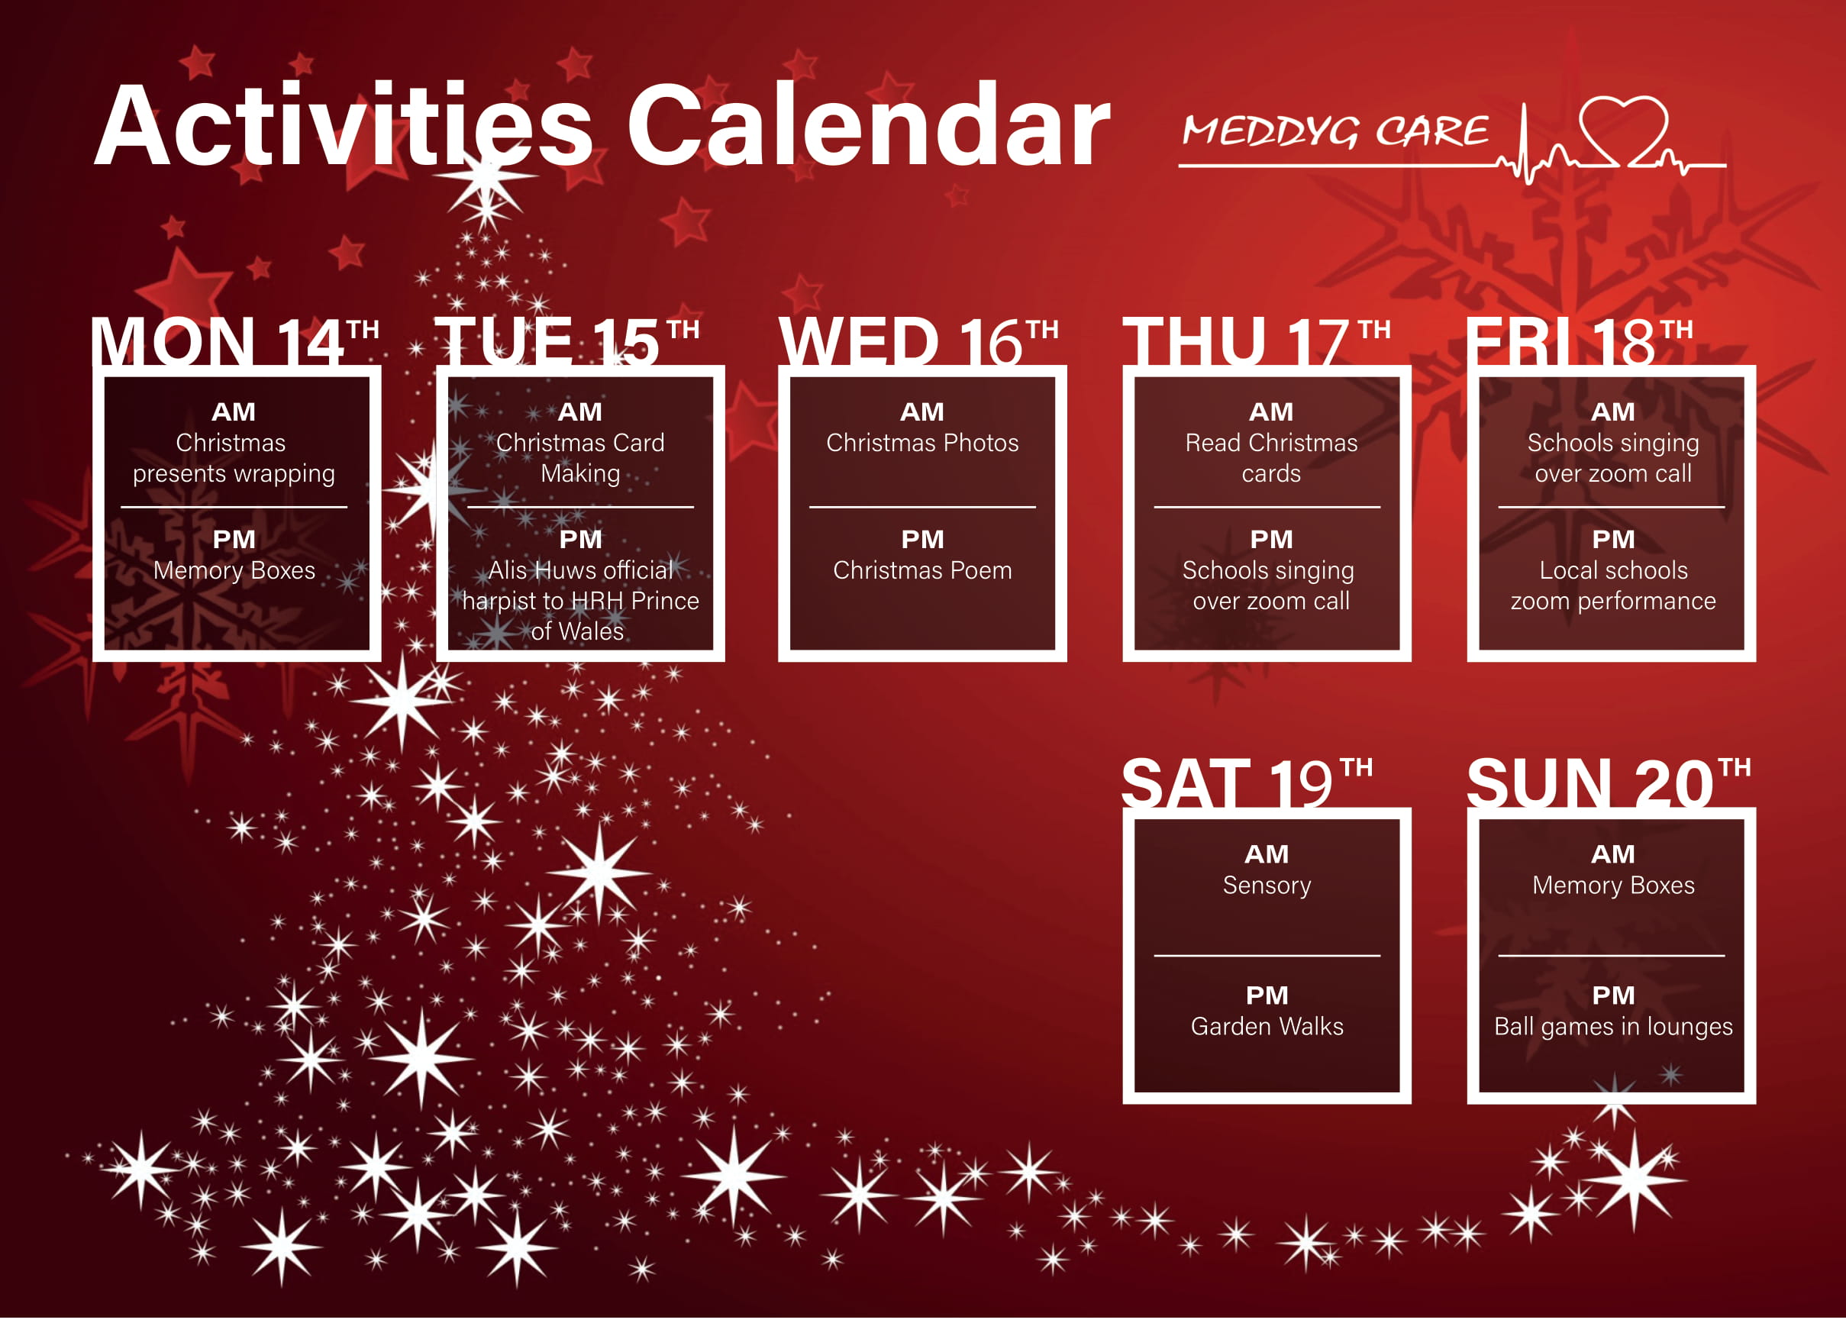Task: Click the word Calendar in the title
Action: [x=868, y=126]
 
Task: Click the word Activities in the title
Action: [x=344, y=126]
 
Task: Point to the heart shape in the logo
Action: [x=1623, y=131]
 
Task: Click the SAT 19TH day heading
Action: [x=1247, y=783]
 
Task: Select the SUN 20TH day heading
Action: [x=1609, y=783]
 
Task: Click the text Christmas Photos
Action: [x=922, y=443]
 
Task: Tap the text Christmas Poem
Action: [x=922, y=571]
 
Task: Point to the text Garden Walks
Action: [x=1267, y=1027]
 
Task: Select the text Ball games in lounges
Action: [x=1613, y=1028]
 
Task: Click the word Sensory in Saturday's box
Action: [x=1267, y=886]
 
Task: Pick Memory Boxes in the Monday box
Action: [x=234, y=571]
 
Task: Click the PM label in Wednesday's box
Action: [x=922, y=540]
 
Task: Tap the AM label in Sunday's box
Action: [x=1613, y=855]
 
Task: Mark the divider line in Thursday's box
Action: [x=1267, y=507]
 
